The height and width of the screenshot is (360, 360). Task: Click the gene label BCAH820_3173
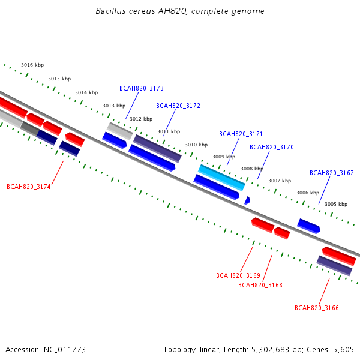(142, 88)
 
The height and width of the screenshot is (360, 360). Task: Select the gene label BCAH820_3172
(178, 106)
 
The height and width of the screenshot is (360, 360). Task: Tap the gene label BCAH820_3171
(241, 134)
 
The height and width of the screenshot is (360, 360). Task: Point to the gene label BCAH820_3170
(272, 147)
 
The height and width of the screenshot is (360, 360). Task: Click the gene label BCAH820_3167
(332, 173)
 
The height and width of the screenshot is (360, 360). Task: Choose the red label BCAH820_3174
(29, 187)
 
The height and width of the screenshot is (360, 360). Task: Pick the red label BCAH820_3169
(238, 275)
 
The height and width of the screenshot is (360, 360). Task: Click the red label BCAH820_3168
(260, 285)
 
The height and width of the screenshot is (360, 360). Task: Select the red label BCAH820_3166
(317, 308)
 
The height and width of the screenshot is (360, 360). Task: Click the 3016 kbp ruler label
(32, 65)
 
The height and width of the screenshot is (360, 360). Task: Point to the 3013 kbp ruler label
(114, 106)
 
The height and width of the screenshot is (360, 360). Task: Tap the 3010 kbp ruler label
(196, 145)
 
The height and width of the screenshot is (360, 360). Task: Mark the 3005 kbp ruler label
(336, 204)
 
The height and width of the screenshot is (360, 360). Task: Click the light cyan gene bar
(221, 178)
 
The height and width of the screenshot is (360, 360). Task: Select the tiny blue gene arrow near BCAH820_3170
(247, 200)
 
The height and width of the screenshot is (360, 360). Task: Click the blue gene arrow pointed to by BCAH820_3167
(308, 226)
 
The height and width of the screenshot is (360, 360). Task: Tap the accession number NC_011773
(65, 350)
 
